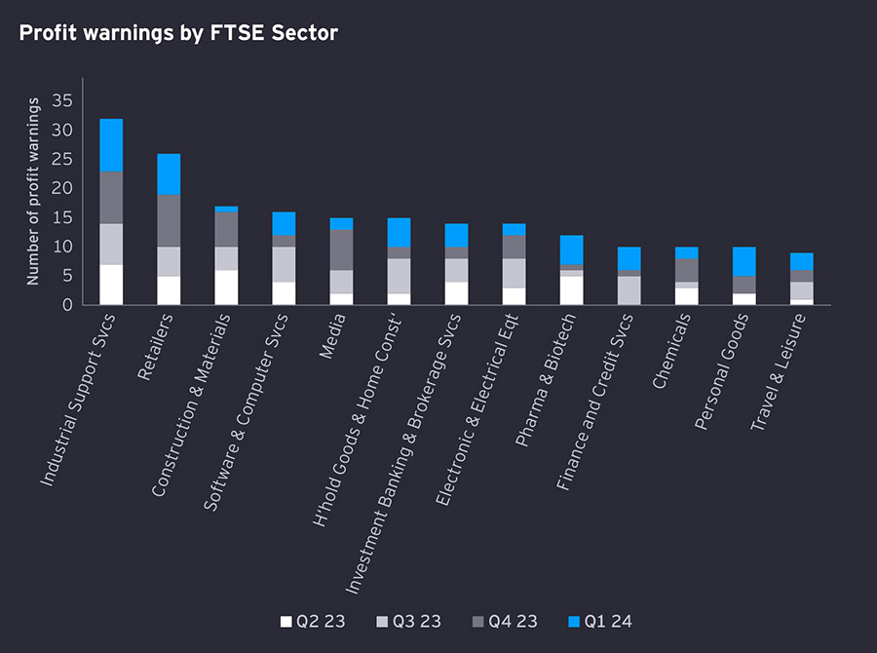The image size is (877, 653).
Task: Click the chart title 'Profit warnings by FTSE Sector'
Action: pos(178,33)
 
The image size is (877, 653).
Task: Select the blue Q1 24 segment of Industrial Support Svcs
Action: pos(111,145)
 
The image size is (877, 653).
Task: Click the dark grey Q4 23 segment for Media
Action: pos(342,250)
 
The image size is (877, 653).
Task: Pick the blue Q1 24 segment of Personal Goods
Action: pos(744,262)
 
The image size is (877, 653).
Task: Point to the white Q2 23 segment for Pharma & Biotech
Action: pos(571,290)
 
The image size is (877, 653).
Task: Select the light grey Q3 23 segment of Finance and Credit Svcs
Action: pos(629,290)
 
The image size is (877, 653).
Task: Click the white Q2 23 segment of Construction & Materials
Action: pos(226,288)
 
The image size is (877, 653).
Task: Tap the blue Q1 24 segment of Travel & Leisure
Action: pos(802,261)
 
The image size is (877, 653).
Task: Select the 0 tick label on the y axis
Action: pos(67,305)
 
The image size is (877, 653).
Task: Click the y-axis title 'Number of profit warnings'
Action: pos(33,191)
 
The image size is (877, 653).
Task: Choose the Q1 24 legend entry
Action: pos(600,621)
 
